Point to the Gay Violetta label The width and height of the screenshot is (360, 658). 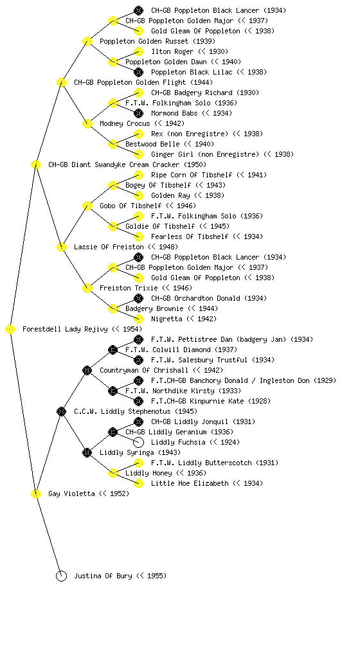(x=71, y=493)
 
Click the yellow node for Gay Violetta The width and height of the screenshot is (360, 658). (x=35, y=493)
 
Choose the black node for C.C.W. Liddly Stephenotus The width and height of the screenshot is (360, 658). (x=61, y=411)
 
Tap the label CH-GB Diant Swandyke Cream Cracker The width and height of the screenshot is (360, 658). (x=114, y=164)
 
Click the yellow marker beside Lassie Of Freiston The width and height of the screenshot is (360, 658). (x=61, y=247)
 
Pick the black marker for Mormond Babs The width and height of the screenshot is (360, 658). (x=138, y=113)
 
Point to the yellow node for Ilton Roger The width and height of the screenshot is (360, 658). (x=138, y=51)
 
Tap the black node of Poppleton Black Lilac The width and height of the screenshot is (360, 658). (x=138, y=72)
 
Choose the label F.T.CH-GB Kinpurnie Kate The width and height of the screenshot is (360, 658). (x=197, y=401)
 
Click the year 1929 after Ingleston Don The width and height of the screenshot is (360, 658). (x=325, y=380)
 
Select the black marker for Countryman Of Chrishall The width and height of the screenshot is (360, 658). (x=87, y=370)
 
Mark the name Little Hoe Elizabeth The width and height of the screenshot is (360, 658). (x=190, y=483)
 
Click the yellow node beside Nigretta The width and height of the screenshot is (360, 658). (x=138, y=319)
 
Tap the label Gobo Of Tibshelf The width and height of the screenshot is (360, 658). (x=130, y=206)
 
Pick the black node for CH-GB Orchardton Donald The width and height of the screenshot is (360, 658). (x=138, y=298)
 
